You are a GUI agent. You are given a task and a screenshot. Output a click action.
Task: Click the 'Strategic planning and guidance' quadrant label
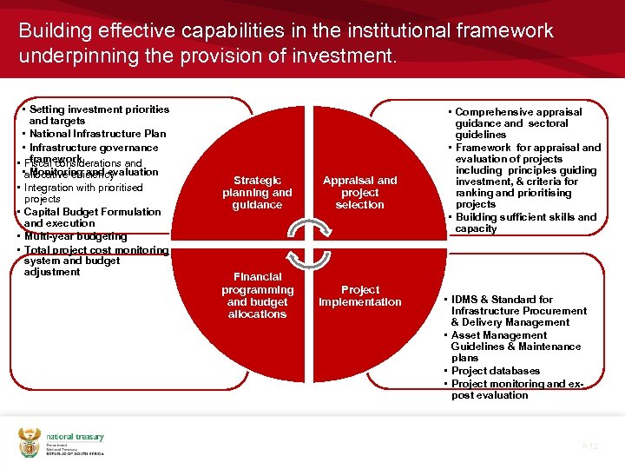257,193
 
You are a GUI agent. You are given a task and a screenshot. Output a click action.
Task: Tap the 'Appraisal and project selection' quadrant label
359,193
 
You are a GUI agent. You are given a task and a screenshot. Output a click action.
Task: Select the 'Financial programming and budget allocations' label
257,295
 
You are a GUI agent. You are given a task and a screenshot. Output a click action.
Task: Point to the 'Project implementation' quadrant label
359,296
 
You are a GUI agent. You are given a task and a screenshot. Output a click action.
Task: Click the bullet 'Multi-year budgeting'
75,236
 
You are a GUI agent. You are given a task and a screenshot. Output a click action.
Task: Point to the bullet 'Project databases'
496,371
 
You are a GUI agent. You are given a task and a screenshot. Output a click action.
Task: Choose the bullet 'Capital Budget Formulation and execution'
92,217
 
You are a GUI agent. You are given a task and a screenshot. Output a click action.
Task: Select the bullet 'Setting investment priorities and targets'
98,116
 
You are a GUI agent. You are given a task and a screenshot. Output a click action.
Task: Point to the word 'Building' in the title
53,31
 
